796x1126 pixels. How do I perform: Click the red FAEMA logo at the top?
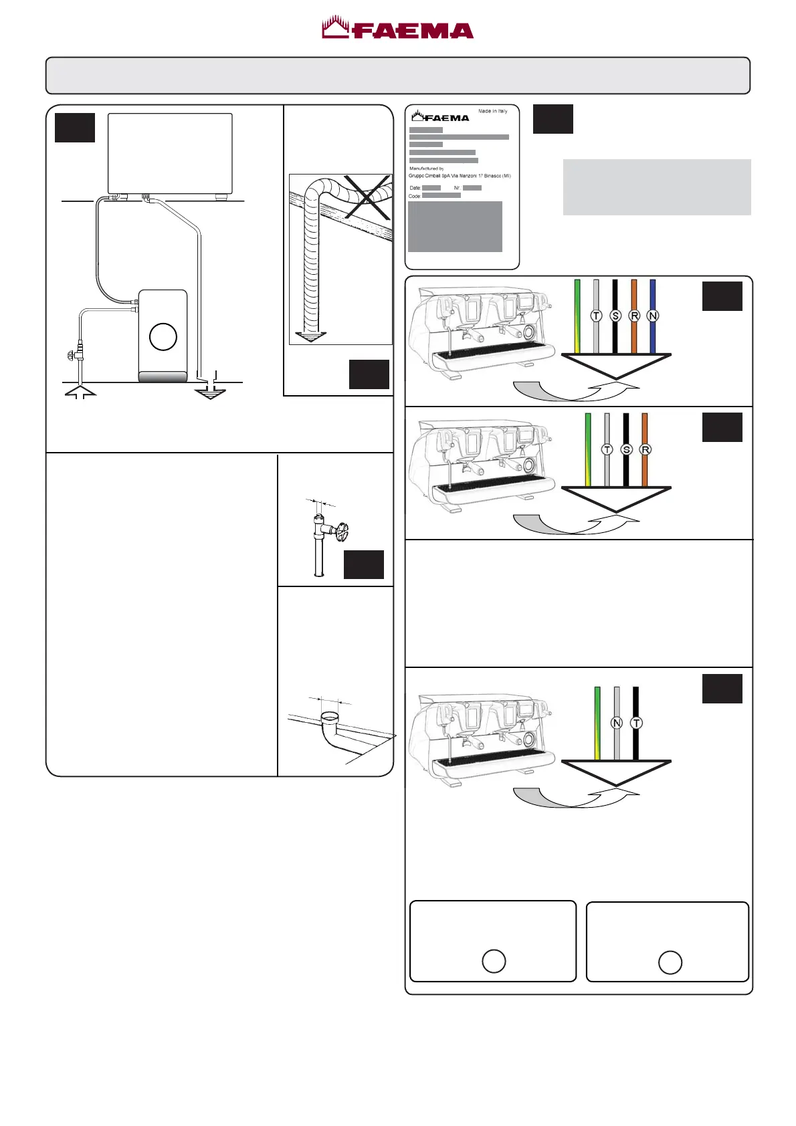pos(398,29)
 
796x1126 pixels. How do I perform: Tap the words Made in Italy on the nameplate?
pos(493,111)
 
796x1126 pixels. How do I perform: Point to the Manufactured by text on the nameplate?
pos(427,168)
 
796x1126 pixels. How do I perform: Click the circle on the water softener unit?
pos(163,336)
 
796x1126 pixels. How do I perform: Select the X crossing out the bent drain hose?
pos(367,197)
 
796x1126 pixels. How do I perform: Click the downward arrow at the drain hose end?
pos(310,336)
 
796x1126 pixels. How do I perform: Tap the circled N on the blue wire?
pos(653,316)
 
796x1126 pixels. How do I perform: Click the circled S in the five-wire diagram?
pos(615,316)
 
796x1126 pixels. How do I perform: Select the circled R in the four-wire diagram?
pos(645,449)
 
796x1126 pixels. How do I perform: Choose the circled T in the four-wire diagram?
pos(607,449)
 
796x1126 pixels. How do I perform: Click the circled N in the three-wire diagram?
pos(617,723)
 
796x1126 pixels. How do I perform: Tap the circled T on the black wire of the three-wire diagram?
pos(636,723)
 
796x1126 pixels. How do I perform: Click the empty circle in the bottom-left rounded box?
pos(494,961)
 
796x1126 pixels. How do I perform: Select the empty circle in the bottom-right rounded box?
pos(670,962)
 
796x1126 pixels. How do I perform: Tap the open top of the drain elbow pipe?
pos(330,717)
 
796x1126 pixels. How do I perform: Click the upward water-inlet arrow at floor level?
pos(80,391)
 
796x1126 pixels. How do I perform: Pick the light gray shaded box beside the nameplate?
pos(657,187)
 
